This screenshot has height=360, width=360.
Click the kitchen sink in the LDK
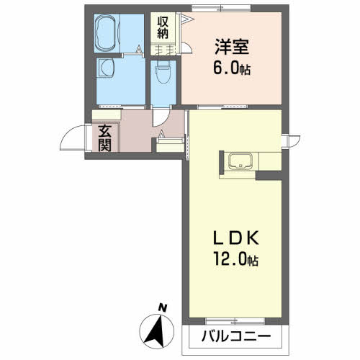[238, 162]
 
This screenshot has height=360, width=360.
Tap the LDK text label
[230, 239]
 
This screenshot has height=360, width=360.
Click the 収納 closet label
[163, 27]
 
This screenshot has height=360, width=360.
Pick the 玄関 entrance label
[105, 137]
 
